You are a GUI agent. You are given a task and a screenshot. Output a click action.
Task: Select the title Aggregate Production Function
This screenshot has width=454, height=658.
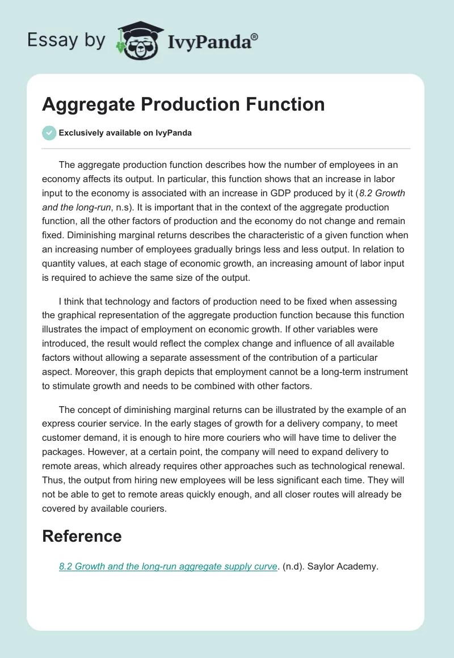[x=183, y=104]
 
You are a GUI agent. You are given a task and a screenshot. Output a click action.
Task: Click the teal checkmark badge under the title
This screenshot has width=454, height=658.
[x=49, y=133]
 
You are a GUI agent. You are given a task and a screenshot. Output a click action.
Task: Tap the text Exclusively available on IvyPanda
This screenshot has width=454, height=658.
[x=125, y=133]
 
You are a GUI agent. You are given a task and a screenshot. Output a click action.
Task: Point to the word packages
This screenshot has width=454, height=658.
[x=63, y=452]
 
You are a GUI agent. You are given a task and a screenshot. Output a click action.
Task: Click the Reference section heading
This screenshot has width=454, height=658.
[x=82, y=536]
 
